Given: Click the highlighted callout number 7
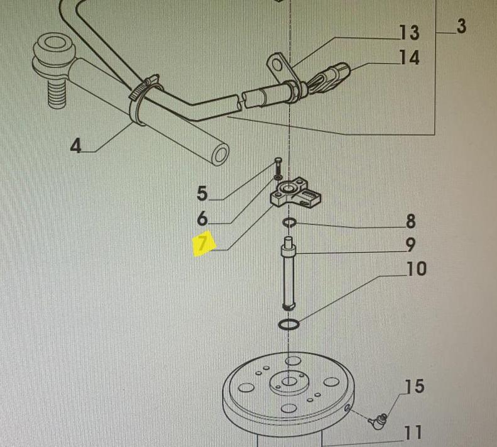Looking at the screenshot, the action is click(x=204, y=243).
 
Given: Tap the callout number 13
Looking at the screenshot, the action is click(x=409, y=32).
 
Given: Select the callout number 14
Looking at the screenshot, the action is click(x=409, y=57).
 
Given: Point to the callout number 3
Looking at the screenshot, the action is click(x=461, y=26).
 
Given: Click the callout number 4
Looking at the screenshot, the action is click(x=76, y=146).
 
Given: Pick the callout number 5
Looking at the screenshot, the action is click(x=202, y=193).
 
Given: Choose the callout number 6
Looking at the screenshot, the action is click(x=202, y=218).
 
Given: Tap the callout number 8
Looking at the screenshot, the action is click(x=410, y=221).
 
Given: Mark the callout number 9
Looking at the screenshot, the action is click(x=410, y=245).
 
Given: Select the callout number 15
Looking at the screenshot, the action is click(x=415, y=386).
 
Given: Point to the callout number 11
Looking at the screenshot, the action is click(x=413, y=433).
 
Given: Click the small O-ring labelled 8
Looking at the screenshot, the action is click(x=290, y=223).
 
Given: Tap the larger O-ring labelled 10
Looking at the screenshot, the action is click(x=288, y=324).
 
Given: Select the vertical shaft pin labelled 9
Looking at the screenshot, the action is click(x=288, y=273).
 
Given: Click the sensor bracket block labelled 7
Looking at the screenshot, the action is click(x=295, y=193).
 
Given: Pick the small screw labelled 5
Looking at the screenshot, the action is click(x=278, y=164).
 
